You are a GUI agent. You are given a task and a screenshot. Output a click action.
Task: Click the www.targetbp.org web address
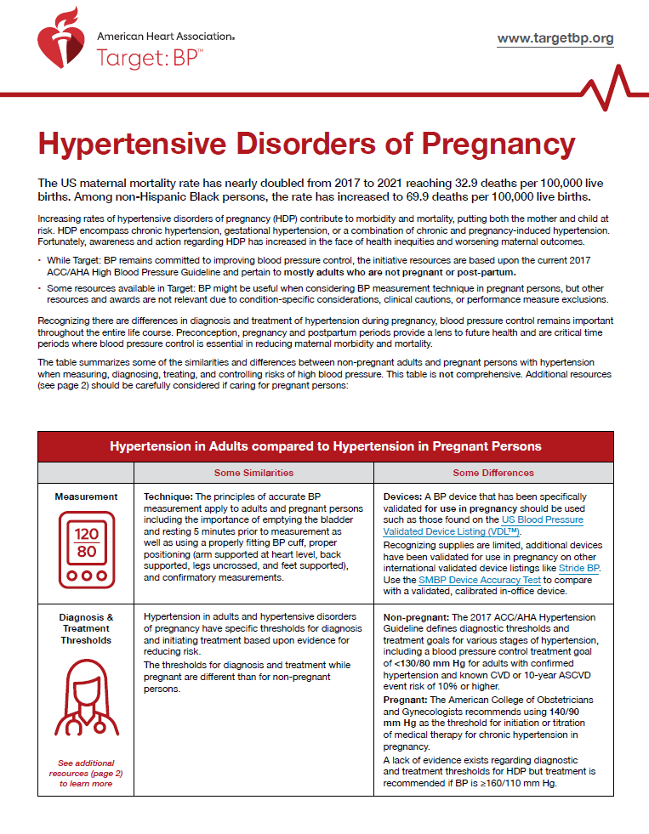click(x=555, y=39)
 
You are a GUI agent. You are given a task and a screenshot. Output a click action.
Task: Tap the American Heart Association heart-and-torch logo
click(x=60, y=44)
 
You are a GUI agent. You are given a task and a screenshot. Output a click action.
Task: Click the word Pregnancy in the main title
click(x=480, y=144)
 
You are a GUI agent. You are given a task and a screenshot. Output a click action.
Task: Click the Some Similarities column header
click(x=253, y=473)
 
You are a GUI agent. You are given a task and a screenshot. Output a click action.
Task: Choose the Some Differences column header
click(x=493, y=473)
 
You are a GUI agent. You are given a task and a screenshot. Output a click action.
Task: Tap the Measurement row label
click(x=86, y=496)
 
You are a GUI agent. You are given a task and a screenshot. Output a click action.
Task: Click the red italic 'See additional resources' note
click(x=86, y=774)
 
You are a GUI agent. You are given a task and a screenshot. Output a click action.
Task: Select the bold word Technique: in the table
click(x=169, y=496)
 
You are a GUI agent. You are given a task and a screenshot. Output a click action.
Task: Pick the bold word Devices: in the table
click(x=403, y=496)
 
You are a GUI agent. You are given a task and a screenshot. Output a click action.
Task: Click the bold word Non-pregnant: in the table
click(x=416, y=617)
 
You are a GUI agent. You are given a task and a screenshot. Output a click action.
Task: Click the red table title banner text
click(x=326, y=446)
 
